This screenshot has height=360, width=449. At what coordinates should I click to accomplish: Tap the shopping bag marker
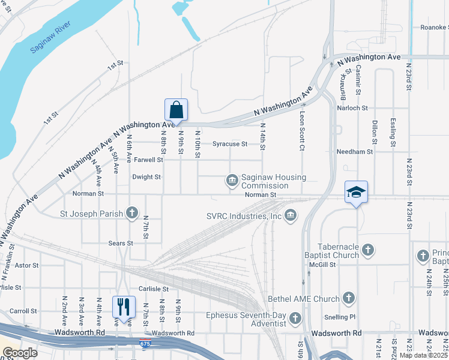tap(176, 110)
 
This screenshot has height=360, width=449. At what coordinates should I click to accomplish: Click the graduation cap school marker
tap(356, 192)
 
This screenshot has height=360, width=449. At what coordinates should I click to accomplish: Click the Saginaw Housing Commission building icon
tap(232, 180)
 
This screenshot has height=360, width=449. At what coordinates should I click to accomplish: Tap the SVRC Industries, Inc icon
tap(291, 215)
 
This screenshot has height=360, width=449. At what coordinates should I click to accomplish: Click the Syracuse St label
tap(230, 144)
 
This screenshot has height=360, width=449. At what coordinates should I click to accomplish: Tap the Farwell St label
tap(148, 160)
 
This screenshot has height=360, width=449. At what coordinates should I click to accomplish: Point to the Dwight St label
tap(146, 177)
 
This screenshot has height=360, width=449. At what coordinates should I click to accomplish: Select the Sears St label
tap(121, 244)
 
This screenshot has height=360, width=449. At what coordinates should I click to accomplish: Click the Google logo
tap(19, 353)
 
